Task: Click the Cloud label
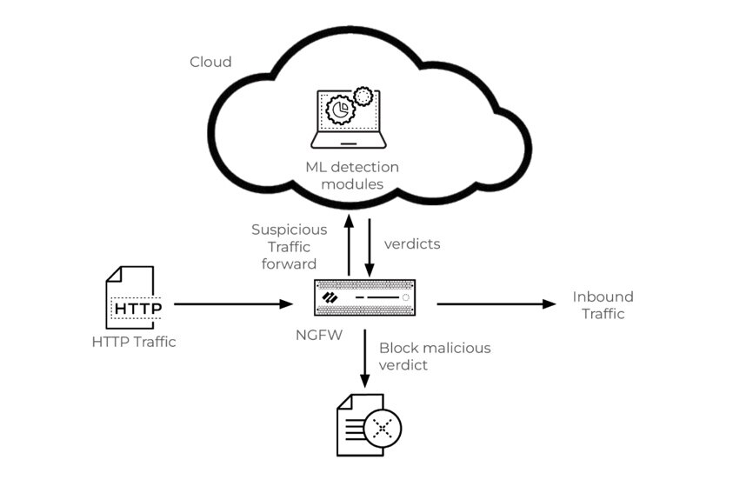click(x=210, y=62)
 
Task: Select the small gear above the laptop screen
click(x=363, y=96)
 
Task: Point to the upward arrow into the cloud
click(x=349, y=247)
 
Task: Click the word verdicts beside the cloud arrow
click(x=411, y=244)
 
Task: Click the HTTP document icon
click(x=130, y=297)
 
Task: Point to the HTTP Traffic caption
click(x=134, y=342)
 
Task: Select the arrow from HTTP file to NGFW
click(x=233, y=304)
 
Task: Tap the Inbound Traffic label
click(x=603, y=305)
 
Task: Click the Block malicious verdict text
click(x=434, y=356)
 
